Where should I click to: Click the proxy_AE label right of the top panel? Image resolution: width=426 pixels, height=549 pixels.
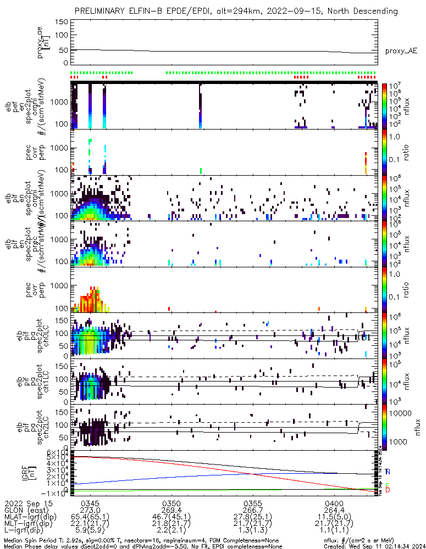(401, 51)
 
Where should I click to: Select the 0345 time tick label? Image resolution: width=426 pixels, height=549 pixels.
(90, 503)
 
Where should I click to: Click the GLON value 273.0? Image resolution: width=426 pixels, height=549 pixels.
(90, 510)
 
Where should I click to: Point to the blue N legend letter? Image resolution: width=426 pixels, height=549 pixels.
(388, 472)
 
